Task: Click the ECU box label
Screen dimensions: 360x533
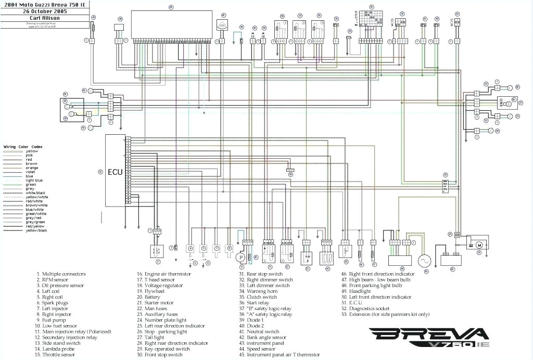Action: [x=115, y=172]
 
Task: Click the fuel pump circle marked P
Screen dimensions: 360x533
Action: [x=240, y=258]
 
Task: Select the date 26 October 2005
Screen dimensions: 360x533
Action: [x=44, y=11]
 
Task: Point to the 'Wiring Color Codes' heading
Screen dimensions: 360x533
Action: [x=23, y=147]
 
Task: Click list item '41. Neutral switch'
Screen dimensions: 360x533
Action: [x=259, y=331]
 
